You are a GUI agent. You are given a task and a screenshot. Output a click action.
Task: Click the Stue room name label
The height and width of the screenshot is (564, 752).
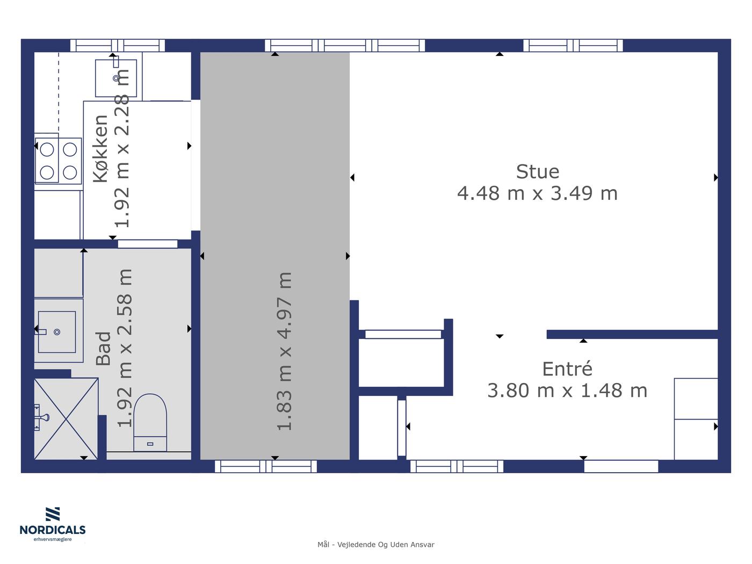[x=537, y=172]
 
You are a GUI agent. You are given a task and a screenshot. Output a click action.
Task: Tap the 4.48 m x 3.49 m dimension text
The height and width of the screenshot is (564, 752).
[x=537, y=193]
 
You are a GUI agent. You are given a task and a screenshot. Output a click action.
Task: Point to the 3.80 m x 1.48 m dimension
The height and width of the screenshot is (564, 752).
[x=567, y=391]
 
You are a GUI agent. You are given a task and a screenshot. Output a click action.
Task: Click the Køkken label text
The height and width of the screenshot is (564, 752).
[x=101, y=148]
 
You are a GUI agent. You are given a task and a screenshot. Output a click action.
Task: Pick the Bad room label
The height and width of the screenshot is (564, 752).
[x=104, y=349]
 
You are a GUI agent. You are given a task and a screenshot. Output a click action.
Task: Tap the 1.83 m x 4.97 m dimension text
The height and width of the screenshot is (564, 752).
[x=284, y=351]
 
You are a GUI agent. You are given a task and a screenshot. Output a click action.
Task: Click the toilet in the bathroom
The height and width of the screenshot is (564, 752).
[x=150, y=423]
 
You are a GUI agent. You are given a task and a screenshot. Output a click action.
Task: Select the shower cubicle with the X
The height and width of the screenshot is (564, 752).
[x=66, y=418]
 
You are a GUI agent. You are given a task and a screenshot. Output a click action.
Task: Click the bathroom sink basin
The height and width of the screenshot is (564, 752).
[x=57, y=332]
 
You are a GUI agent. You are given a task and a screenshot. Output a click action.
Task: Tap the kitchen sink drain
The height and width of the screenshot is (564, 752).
[x=116, y=78]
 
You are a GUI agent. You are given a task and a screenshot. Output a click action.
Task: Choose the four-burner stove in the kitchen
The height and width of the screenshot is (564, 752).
[x=58, y=161]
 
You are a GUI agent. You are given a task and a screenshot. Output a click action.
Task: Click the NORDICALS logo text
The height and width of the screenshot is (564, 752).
[x=53, y=530]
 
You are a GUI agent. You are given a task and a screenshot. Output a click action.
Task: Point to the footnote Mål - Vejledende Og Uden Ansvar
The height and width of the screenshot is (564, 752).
[x=376, y=545]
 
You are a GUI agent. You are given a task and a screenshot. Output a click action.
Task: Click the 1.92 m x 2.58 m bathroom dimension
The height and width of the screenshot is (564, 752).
[x=125, y=348]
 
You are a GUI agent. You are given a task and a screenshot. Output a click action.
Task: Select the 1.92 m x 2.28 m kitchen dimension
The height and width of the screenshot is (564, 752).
[x=121, y=148]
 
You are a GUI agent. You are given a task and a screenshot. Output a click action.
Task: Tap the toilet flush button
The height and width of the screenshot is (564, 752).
[x=150, y=444]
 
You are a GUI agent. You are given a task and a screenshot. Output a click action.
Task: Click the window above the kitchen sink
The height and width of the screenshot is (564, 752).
[x=118, y=45]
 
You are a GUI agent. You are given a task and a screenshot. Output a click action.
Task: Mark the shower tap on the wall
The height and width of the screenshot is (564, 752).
[x=42, y=417]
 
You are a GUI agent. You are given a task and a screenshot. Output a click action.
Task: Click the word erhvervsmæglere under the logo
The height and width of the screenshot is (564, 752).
[x=53, y=539]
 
